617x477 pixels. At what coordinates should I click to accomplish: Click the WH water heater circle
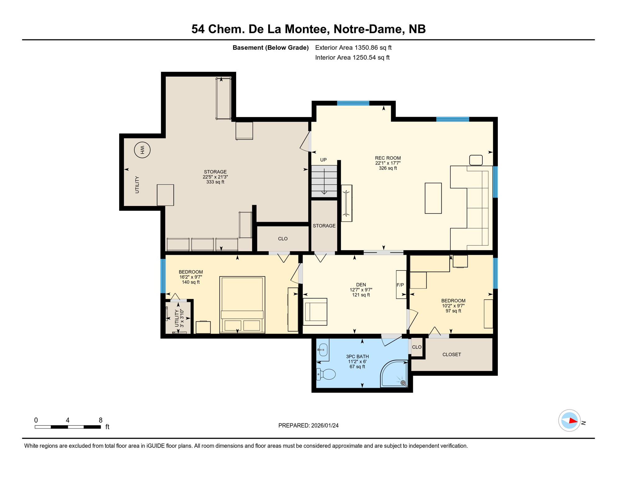click(142, 150)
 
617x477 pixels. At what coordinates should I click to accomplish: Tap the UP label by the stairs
click(323, 160)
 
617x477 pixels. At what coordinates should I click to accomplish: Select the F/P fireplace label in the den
click(400, 285)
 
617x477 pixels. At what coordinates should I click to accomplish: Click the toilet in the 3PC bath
click(326, 374)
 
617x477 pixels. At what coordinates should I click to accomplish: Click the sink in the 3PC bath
click(323, 350)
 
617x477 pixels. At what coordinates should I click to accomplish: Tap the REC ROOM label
click(388, 158)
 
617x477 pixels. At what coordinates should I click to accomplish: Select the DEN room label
click(361, 285)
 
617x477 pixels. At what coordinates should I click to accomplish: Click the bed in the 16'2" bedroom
click(242, 305)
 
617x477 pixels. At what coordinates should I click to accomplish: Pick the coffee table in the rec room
click(433, 198)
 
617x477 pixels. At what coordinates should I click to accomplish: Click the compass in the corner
click(569, 421)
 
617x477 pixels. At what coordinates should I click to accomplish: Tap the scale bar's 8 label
click(101, 420)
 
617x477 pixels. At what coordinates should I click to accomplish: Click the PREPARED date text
click(308, 425)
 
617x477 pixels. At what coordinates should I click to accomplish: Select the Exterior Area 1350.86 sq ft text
click(353, 48)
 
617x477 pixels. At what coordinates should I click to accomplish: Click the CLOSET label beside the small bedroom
click(452, 355)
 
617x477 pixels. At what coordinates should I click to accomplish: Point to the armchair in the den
click(315, 312)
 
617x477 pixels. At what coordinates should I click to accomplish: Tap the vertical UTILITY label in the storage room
click(137, 185)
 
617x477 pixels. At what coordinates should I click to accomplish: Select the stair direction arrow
click(324, 182)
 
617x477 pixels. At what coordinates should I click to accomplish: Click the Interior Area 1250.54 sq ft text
click(352, 57)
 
